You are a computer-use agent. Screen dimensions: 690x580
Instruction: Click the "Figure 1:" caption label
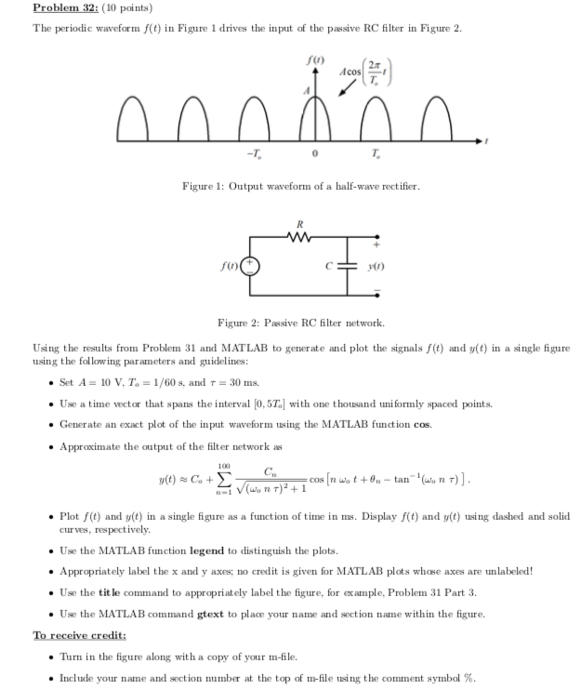[202, 186]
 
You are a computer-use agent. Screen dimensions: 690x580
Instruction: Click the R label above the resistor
[298, 222]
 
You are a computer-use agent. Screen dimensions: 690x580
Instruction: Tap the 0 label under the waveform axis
[316, 153]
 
